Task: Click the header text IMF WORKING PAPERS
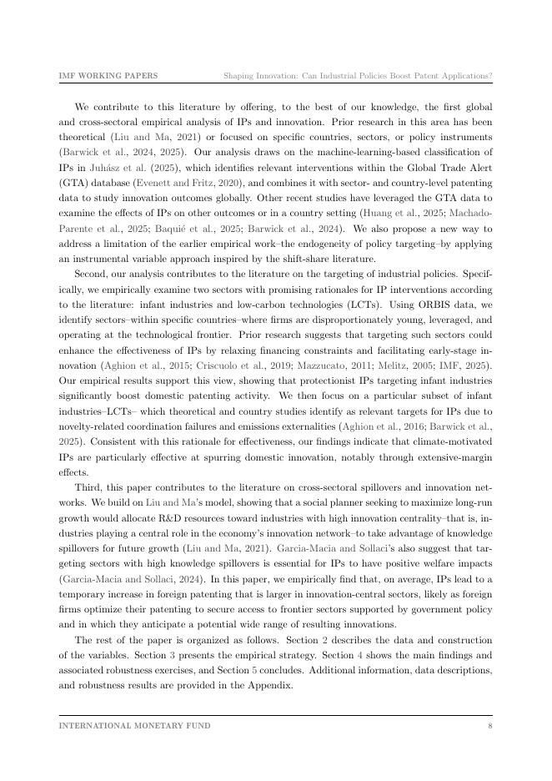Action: coord(108,76)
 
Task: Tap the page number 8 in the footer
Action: coord(490,725)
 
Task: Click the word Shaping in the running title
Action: coord(242,76)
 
